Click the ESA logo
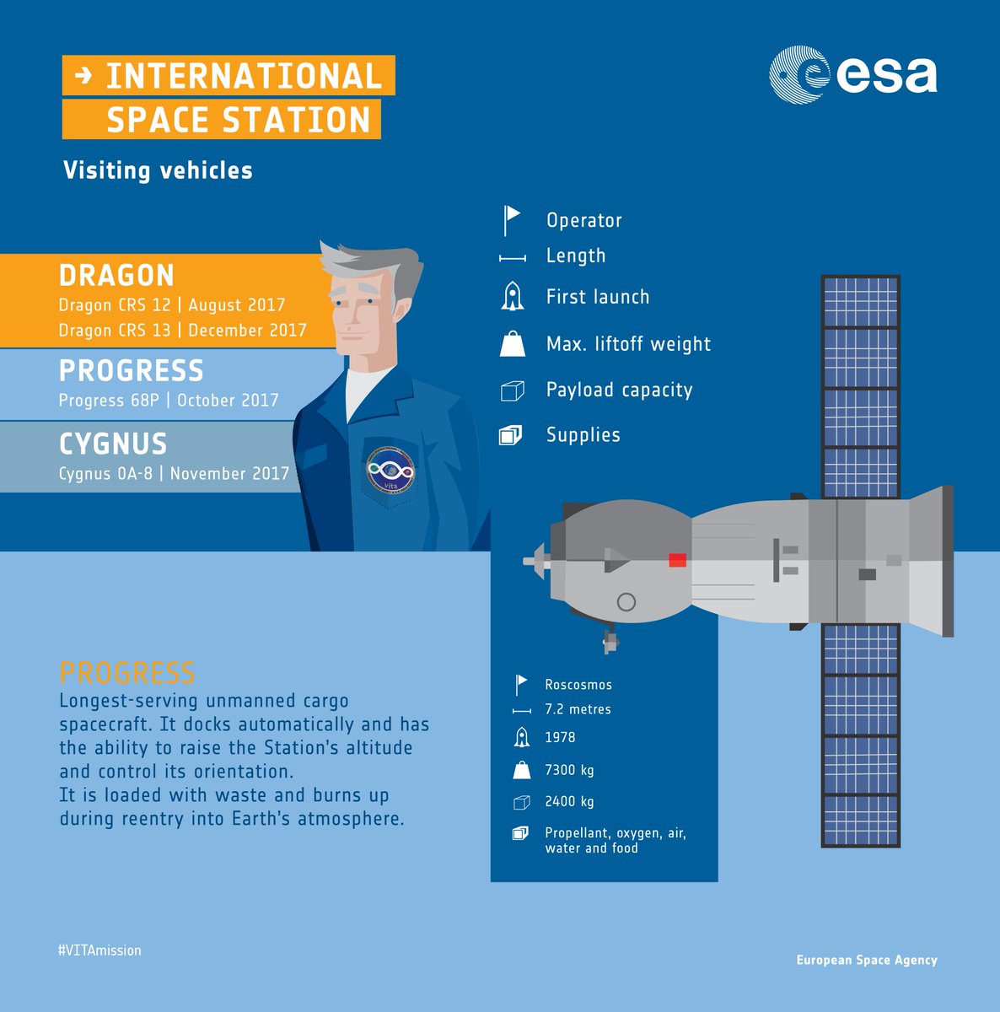click(852, 75)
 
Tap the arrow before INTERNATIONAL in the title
click(83, 76)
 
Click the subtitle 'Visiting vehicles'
click(158, 170)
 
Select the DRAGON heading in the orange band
click(116, 276)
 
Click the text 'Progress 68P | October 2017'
click(169, 400)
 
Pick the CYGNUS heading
click(113, 444)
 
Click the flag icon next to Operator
click(512, 219)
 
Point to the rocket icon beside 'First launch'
click(512, 296)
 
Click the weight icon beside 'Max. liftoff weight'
click(512, 343)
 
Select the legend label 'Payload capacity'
click(619, 390)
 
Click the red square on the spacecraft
click(677, 560)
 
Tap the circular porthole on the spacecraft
click(626, 601)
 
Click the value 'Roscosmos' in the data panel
click(578, 685)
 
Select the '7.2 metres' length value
click(578, 709)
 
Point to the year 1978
click(560, 737)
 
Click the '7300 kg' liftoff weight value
click(569, 770)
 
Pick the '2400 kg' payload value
click(569, 801)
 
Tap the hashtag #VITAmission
click(99, 950)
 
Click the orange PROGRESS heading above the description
click(127, 673)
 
